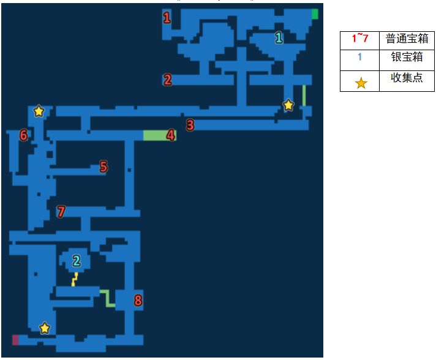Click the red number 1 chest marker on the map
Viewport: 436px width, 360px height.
(167, 18)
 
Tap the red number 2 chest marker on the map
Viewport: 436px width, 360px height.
(167, 80)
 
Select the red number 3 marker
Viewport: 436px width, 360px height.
(190, 125)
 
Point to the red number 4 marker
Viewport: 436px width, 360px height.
(171, 135)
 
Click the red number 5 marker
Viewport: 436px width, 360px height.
(103, 167)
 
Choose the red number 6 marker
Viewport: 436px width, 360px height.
(24, 135)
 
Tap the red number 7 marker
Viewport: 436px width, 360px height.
(61, 211)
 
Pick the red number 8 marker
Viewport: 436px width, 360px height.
(138, 300)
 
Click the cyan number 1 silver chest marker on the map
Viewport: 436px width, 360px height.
(279, 37)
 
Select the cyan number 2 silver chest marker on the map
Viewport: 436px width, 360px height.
(77, 261)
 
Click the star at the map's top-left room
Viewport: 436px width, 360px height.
(39, 111)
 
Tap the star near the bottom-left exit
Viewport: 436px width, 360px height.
(45, 328)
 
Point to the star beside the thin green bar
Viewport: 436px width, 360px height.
(288, 105)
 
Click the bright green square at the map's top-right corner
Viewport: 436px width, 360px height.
(315, 14)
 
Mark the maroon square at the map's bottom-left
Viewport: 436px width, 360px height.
(15, 340)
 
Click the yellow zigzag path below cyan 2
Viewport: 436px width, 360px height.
(75, 279)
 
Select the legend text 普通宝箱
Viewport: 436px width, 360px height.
(407, 39)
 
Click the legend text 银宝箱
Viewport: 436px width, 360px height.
(407, 57)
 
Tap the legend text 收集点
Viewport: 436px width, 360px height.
(407, 78)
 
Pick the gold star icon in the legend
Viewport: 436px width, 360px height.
(361, 83)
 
